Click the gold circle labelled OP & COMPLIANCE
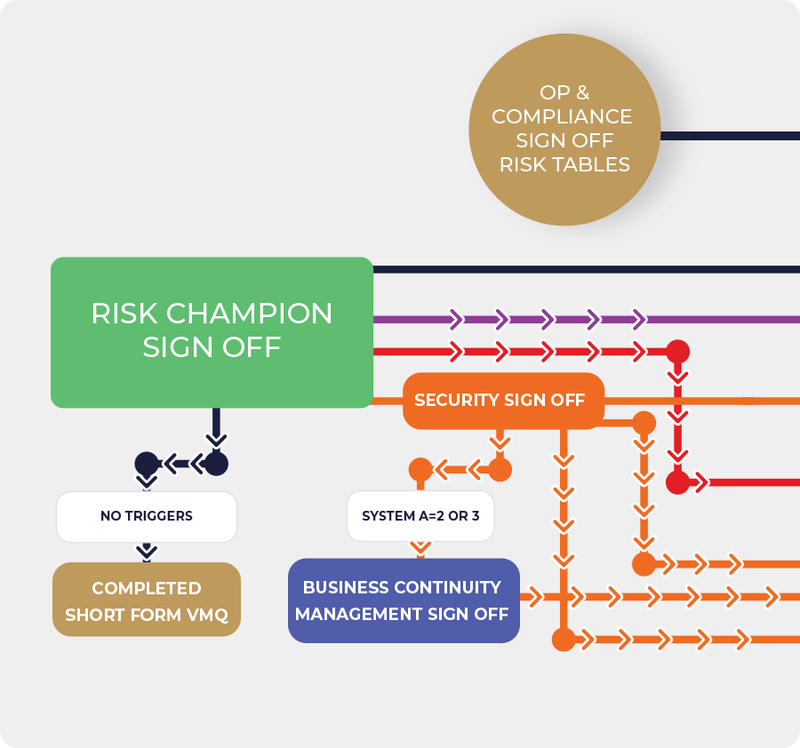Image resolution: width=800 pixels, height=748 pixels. point(564,129)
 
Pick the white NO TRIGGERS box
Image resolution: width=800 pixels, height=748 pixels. point(147,516)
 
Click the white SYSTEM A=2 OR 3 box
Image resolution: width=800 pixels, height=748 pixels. point(420,516)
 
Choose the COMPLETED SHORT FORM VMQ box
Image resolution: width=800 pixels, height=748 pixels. point(147,601)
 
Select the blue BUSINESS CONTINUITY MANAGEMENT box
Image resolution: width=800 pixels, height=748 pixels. point(403,601)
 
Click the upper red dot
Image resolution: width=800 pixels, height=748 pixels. point(677,351)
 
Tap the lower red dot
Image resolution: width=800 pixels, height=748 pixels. point(677,482)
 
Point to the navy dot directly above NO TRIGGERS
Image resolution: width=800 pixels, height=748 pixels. point(147,463)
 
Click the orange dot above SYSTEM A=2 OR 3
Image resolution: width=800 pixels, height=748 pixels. point(420,469)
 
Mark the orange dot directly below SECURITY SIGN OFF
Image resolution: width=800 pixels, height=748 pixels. point(500,469)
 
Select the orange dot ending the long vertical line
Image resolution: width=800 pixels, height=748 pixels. point(563,639)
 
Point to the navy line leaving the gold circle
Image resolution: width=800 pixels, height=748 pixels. point(729,136)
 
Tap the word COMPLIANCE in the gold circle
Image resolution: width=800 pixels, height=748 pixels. point(562,116)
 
